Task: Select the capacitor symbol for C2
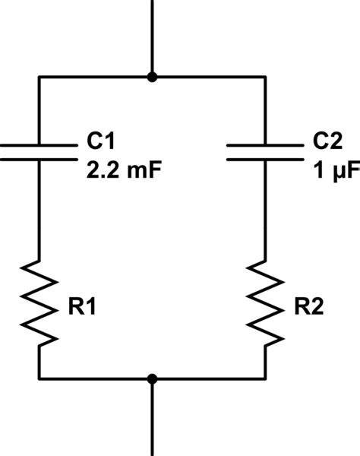(266, 150)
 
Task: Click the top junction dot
(153, 77)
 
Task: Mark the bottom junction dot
(153, 378)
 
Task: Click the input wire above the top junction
(153, 34)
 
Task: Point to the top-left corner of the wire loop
(39, 77)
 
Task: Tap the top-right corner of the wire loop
(266, 77)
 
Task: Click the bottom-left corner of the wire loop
(39, 378)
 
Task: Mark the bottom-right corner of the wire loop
(266, 378)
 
